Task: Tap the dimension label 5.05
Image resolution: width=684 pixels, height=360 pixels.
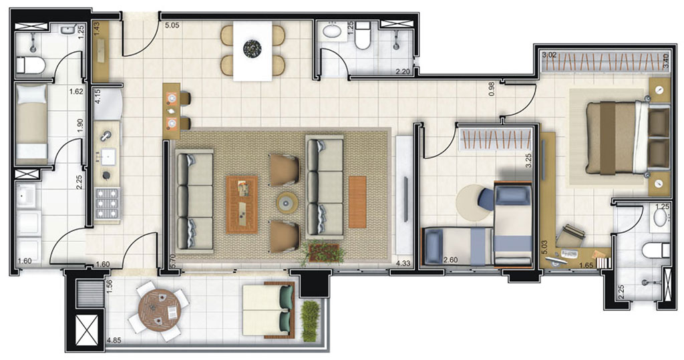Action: [x=172, y=27]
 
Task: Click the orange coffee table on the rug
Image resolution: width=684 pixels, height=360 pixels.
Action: [x=242, y=204]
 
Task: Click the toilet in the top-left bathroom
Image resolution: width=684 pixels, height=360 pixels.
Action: [x=30, y=65]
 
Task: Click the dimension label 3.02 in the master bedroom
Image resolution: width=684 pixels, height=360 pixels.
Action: [x=549, y=55]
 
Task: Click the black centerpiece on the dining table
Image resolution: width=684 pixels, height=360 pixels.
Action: [x=252, y=48]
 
